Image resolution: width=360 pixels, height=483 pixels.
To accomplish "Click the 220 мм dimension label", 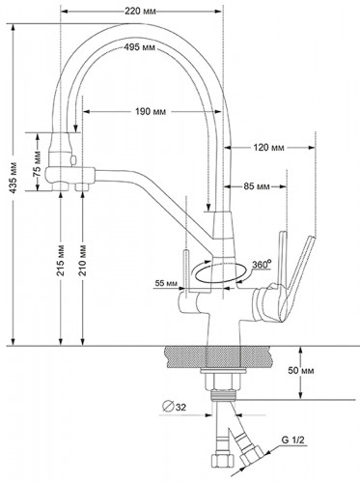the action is (140, 12).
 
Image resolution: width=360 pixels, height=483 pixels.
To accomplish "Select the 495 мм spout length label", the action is (139, 47).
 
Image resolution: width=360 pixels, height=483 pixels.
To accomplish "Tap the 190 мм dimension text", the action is (151, 111).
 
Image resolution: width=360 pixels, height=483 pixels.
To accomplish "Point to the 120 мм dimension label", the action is (268, 148).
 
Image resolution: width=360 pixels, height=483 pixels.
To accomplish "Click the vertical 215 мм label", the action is (61, 261).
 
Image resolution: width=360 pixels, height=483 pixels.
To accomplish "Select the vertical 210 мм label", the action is (83, 261).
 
